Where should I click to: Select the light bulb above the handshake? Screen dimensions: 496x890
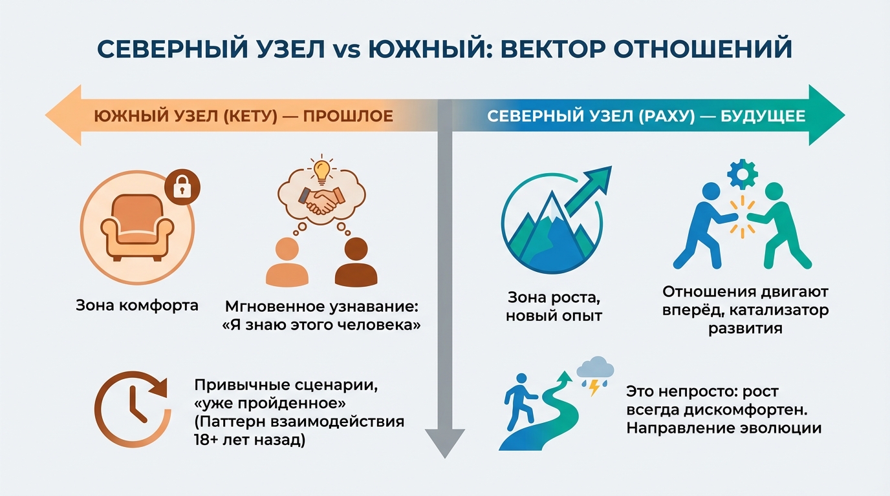pyautogui.click(x=321, y=169)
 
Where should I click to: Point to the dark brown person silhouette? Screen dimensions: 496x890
pyautogui.click(x=356, y=262)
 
